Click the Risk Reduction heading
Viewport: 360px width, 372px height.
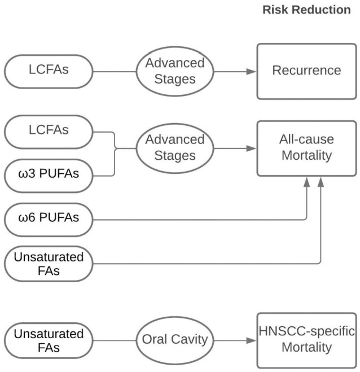[x=306, y=10]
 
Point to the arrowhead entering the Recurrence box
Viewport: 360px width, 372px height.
[x=252, y=72]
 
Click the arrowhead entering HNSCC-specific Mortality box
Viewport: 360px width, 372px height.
[x=252, y=340]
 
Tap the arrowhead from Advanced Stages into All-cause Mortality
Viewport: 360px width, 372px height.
[x=252, y=148]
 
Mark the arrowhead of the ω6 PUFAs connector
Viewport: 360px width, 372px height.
[x=306, y=182]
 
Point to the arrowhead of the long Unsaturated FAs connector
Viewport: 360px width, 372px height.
[x=321, y=182]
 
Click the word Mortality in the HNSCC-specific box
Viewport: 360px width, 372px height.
[x=306, y=347]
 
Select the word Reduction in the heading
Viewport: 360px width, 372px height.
[x=321, y=10]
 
